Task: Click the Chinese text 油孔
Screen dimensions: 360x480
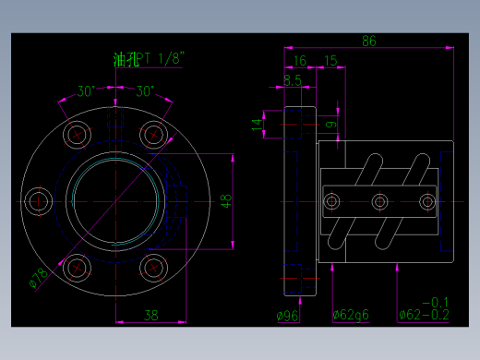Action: click(x=125, y=60)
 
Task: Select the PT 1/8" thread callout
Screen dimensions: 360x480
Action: click(x=162, y=59)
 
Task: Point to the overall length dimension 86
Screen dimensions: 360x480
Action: click(x=369, y=41)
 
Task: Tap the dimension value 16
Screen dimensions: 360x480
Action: click(x=299, y=61)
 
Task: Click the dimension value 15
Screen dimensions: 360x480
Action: click(x=330, y=61)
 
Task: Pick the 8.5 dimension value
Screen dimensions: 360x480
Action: click(x=293, y=80)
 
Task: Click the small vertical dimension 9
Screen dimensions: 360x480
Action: click(x=330, y=122)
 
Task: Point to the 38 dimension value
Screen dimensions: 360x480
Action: click(x=151, y=315)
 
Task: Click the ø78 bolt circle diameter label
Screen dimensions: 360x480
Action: click(x=40, y=276)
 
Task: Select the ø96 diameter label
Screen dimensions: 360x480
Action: click(x=289, y=315)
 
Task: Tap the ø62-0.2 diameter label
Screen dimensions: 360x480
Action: click(x=424, y=315)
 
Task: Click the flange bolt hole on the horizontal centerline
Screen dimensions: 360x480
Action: click(x=39, y=201)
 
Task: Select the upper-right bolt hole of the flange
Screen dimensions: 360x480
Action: click(x=152, y=134)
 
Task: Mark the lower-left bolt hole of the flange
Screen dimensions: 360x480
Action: click(x=77, y=269)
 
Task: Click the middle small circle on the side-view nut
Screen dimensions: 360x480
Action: click(x=378, y=202)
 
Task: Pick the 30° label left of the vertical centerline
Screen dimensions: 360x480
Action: click(x=86, y=91)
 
